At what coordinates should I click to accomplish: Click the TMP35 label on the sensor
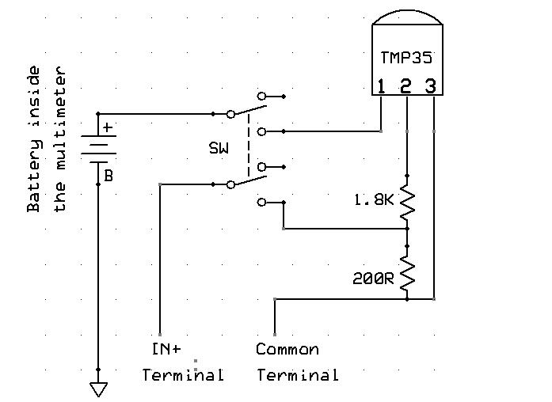tap(406, 59)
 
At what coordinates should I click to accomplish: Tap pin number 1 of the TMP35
tap(382, 85)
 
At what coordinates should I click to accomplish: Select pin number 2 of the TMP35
tap(406, 85)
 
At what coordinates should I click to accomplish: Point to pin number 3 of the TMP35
tap(431, 85)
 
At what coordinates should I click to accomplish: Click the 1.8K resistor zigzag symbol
tap(408, 203)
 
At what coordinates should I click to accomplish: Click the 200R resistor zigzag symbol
tap(408, 273)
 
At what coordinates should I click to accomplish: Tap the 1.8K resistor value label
tap(371, 201)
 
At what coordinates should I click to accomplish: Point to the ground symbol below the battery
tap(99, 388)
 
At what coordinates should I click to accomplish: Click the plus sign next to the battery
tap(108, 127)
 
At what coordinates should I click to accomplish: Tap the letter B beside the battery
tap(108, 176)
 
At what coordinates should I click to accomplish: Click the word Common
tap(287, 349)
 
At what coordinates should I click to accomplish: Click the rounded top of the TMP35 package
tap(406, 18)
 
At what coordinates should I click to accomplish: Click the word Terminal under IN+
tap(183, 374)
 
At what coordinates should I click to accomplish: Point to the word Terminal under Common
tap(297, 374)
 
